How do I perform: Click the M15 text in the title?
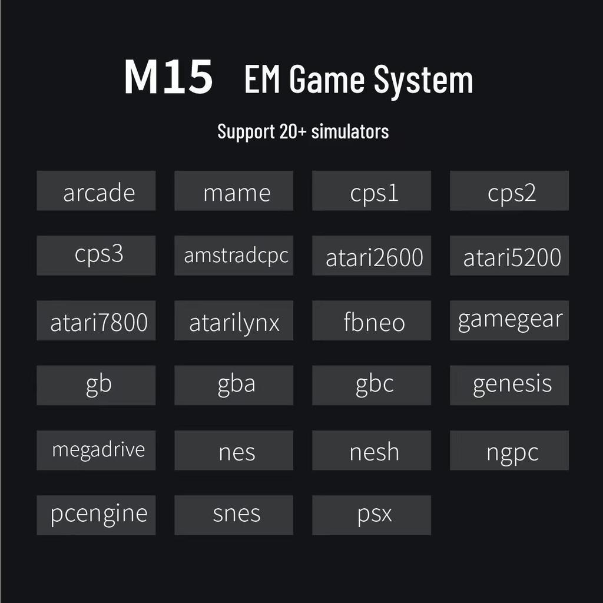[x=168, y=77]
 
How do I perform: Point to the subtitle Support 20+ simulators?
[x=303, y=131]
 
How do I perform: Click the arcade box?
[x=96, y=191]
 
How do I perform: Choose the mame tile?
[x=234, y=191]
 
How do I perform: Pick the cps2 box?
[x=509, y=191]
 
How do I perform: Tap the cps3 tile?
[x=96, y=256]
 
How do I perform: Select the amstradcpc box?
[x=234, y=256]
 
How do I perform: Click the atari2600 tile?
[x=372, y=256]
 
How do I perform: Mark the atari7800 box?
[x=96, y=320]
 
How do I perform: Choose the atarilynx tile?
[x=234, y=320]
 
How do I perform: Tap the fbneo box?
[x=372, y=320]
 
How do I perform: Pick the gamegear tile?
[x=509, y=320]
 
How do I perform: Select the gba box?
[x=234, y=385]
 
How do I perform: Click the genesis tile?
[x=509, y=385]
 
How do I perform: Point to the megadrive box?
[x=96, y=450]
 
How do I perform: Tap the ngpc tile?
[x=509, y=450]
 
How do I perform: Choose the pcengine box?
[x=96, y=515]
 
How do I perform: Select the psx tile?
[x=372, y=515]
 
